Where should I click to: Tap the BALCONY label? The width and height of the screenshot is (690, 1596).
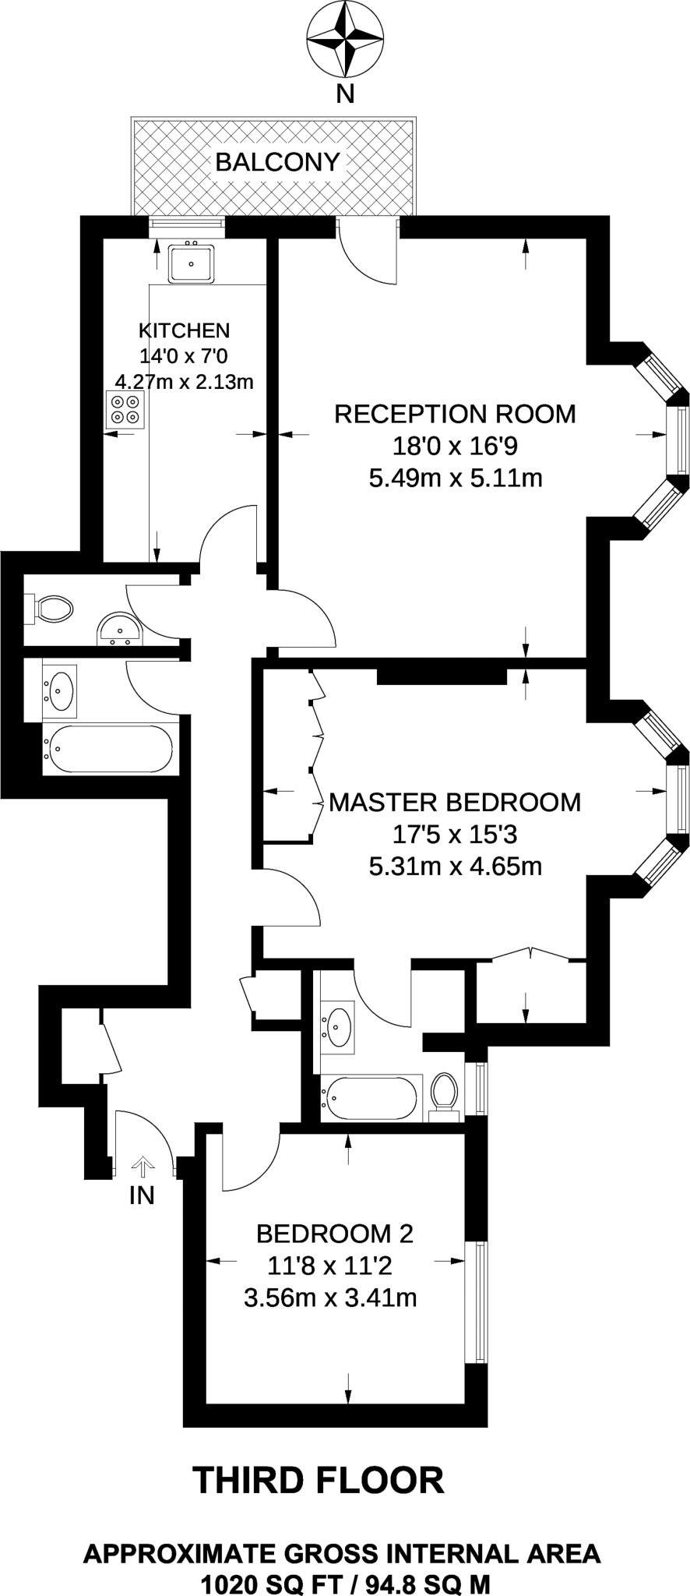277,162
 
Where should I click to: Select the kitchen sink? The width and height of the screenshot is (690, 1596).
191,263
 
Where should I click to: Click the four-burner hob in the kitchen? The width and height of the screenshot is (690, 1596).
125,408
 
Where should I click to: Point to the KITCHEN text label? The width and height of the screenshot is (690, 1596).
184,330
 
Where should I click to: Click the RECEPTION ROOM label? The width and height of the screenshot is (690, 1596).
455,414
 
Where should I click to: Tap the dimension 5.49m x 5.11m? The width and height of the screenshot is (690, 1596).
455,477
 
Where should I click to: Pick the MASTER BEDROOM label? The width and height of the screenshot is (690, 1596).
455,802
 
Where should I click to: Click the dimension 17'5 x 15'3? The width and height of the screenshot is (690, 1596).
455,835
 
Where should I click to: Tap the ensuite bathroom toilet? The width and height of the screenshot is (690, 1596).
444,1093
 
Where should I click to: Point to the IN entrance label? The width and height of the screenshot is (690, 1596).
142,1195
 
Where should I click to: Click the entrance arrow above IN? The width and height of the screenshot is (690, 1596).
143,1167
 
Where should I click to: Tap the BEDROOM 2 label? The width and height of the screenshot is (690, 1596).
334,1234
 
